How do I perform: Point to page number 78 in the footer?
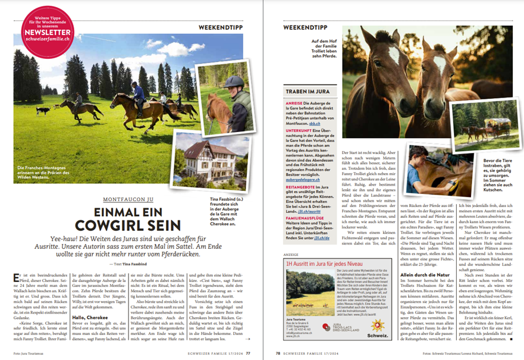278,352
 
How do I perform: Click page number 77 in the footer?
248,352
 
